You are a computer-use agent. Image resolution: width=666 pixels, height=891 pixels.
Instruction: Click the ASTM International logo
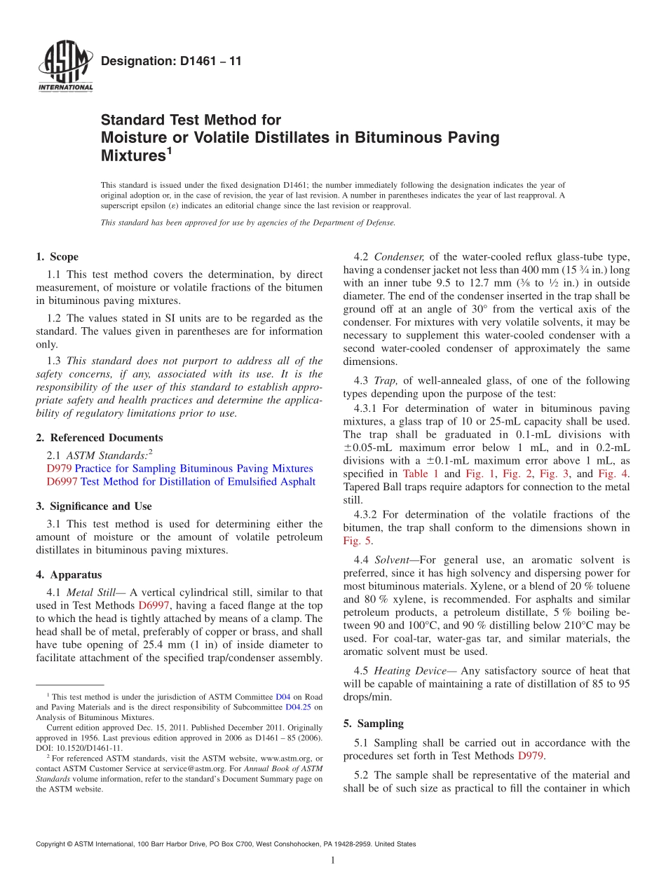click(x=64, y=67)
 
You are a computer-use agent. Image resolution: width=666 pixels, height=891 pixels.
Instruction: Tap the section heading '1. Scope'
click(x=57, y=257)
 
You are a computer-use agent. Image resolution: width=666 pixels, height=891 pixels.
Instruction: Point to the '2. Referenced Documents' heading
click(x=100, y=438)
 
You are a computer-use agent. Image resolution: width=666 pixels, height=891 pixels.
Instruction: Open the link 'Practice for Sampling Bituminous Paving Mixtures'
click(x=193, y=469)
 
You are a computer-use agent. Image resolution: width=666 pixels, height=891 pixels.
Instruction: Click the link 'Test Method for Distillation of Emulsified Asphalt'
click(x=198, y=482)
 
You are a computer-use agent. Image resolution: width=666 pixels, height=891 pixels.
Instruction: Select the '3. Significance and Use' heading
click(x=94, y=506)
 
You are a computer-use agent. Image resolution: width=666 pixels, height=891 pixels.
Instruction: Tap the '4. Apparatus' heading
click(x=69, y=575)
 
